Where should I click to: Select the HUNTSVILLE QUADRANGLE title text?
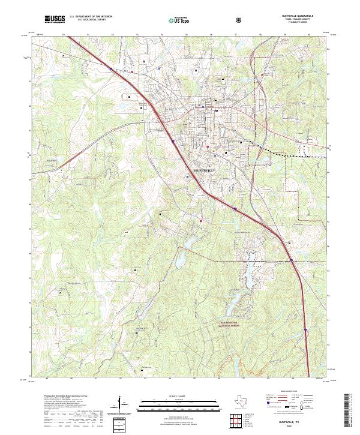298,17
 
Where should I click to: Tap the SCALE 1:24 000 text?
175,395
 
